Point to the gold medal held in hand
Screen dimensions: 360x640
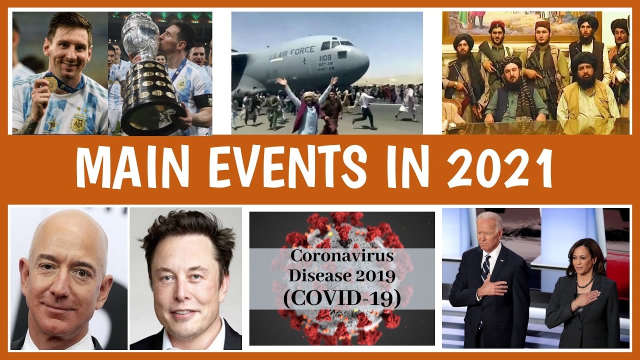tap(51, 84)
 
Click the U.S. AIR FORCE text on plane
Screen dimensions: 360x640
tap(292, 52)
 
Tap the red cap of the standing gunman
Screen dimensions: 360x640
tap(496, 24)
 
